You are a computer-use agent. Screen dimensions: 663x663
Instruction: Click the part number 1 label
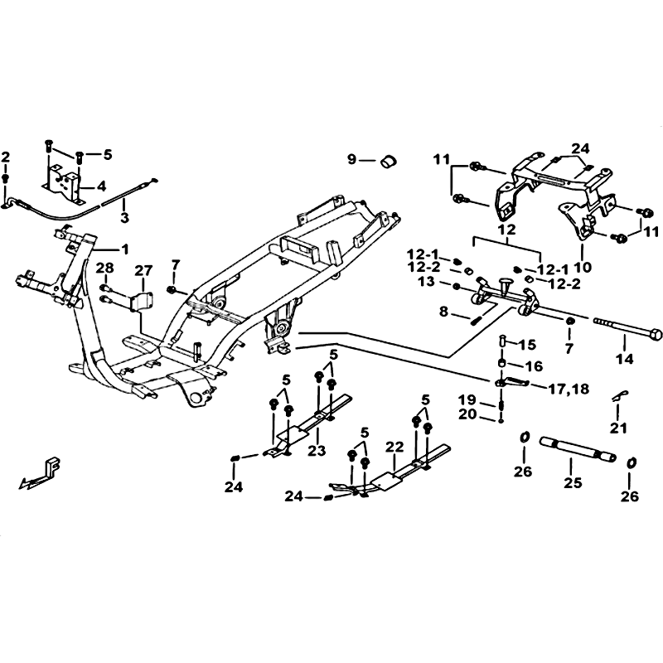tap(125, 249)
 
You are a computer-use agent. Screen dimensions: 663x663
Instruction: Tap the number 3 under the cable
tap(124, 218)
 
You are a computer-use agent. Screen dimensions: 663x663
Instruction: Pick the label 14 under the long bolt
tap(624, 359)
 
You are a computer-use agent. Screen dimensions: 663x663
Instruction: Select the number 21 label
tap(619, 427)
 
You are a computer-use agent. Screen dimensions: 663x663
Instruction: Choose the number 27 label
tap(144, 270)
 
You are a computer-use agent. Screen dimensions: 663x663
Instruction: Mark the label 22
tap(394, 447)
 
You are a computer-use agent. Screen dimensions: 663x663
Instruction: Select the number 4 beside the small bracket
tap(101, 185)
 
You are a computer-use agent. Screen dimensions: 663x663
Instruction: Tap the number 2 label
tap(6, 157)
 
